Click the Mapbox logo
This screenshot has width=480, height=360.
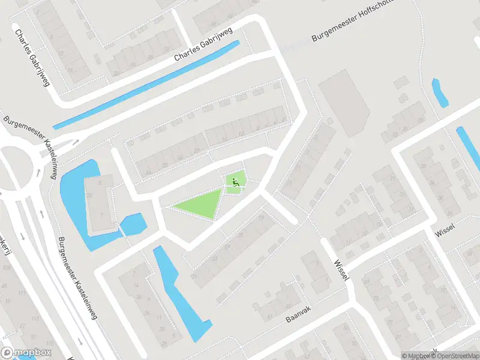tap(26, 353)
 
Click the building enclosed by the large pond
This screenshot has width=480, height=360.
tap(101, 204)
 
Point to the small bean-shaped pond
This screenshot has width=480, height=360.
tap(440, 93)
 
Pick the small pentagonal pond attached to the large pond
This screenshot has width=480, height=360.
tap(133, 226)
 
